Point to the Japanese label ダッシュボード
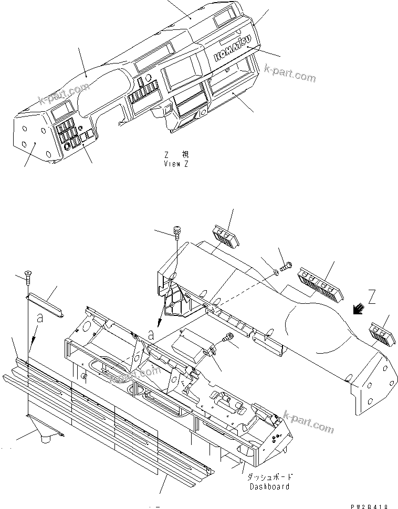[269, 478]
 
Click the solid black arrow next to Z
[360, 310]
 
